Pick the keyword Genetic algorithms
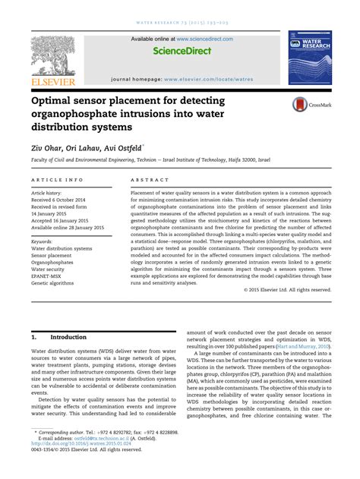point(55,285)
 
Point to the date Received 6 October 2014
point(62,201)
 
